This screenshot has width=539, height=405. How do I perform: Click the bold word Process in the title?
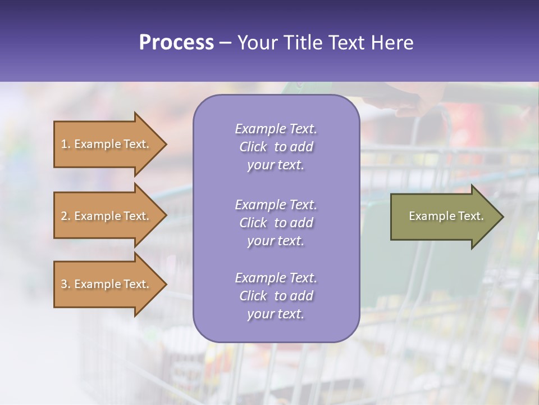point(176,43)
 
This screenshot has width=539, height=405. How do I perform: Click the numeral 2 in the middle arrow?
point(64,216)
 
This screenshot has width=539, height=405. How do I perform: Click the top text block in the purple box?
point(276,147)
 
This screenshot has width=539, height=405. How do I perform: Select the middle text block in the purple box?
point(276,223)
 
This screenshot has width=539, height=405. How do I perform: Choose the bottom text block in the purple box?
point(276,296)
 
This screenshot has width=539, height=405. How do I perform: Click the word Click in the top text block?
point(253,147)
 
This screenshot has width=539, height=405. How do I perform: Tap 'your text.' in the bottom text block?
point(276,314)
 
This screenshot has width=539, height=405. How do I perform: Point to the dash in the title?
point(225,43)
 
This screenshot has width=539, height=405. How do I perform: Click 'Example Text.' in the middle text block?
point(276,205)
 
